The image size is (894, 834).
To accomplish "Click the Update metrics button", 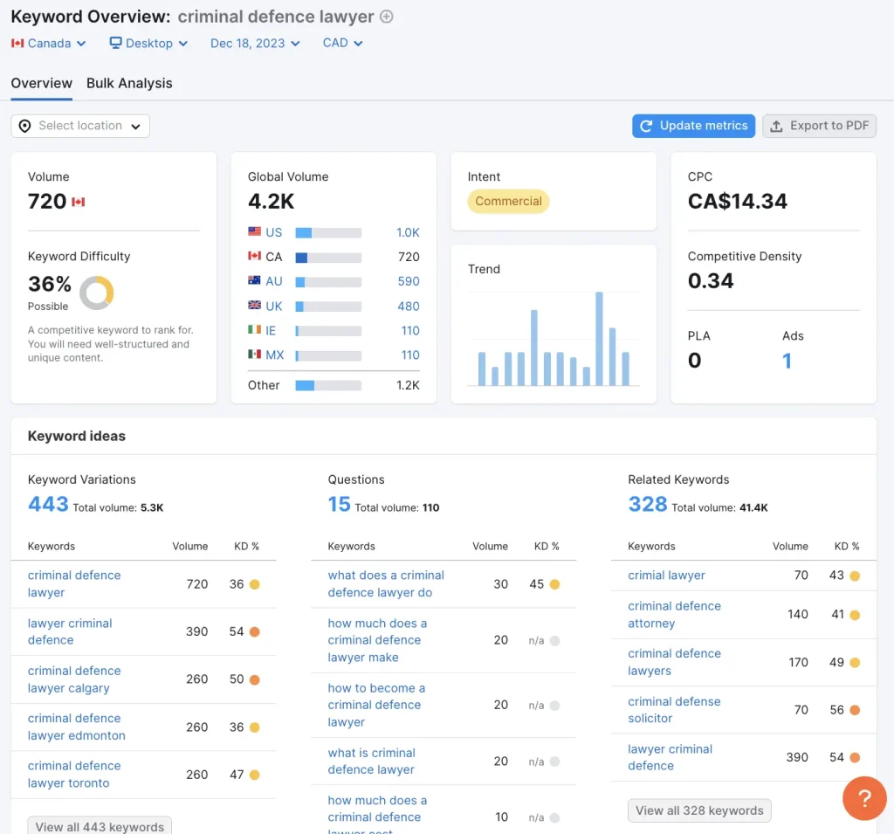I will tap(693, 126).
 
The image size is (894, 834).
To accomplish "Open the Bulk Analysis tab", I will tap(129, 84).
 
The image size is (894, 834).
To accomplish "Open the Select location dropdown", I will tap(80, 126).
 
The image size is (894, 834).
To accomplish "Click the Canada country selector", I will tap(49, 43).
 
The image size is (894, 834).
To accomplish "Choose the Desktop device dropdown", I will tap(148, 43).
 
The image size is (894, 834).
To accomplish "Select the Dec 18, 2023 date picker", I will tap(254, 43).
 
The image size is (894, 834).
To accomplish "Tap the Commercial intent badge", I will tap(508, 202).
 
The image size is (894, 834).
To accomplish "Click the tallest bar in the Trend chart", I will tap(599, 338).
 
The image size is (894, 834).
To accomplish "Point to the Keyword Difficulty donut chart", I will tap(96, 293).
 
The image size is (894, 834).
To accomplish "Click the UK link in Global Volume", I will tap(273, 307).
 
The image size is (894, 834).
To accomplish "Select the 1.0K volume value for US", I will tap(408, 233).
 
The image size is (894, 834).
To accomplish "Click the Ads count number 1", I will tap(787, 361).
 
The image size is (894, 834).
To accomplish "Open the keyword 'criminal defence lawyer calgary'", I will tap(74, 679).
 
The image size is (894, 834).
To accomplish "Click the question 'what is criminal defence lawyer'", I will tap(371, 762).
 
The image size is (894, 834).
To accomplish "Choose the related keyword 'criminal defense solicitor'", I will tap(674, 710).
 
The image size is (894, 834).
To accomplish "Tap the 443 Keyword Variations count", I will tap(48, 504).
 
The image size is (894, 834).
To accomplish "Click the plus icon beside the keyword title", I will tap(387, 17).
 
